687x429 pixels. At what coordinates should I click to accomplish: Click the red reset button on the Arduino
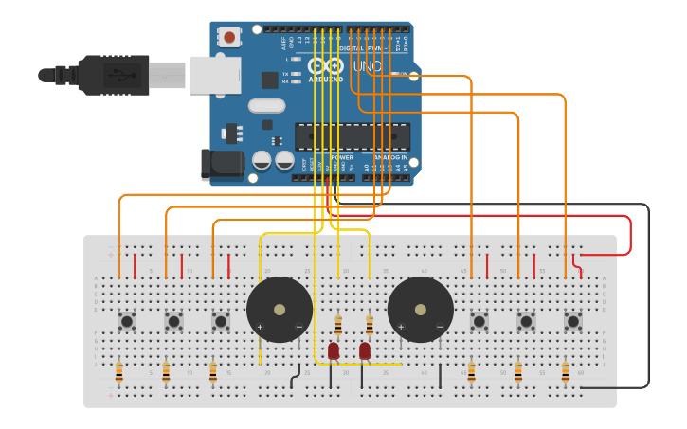pyautogui.click(x=228, y=37)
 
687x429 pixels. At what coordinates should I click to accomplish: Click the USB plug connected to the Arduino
pyautogui.click(x=114, y=75)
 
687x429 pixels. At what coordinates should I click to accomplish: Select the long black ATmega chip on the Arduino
pyautogui.click(x=352, y=136)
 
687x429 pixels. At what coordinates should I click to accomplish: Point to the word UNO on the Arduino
pyautogui.click(x=367, y=67)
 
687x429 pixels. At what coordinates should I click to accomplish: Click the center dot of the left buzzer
pyautogui.click(x=279, y=310)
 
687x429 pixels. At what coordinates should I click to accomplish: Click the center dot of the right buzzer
pyautogui.click(x=420, y=310)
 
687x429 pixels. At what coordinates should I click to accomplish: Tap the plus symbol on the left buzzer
pyautogui.click(x=260, y=328)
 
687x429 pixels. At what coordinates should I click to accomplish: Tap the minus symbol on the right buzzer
pyautogui.click(x=440, y=328)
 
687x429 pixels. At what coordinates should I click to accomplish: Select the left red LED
pyautogui.click(x=334, y=351)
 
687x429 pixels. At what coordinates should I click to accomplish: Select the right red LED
pyautogui.click(x=365, y=351)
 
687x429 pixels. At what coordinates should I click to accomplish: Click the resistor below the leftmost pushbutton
pyautogui.click(x=118, y=372)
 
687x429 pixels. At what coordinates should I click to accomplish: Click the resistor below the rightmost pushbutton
pyautogui.click(x=566, y=372)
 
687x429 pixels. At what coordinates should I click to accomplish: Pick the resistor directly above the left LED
pyautogui.click(x=338, y=326)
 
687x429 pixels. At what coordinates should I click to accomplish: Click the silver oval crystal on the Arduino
pyautogui.click(x=266, y=106)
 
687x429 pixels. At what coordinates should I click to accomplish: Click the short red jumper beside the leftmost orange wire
pyautogui.click(x=135, y=265)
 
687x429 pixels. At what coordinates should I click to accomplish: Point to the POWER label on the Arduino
pyautogui.click(x=341, y=157)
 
